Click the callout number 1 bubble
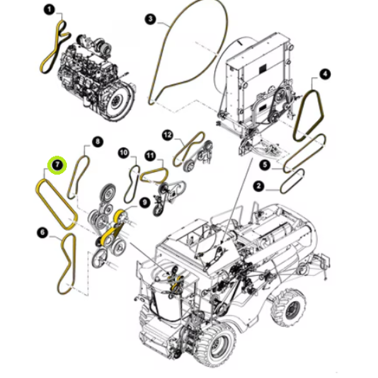click(x=49, y=10)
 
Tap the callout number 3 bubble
click(x=151, y=19)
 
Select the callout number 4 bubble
click(x=324, y=74)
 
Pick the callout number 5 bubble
click(x=265, y=165)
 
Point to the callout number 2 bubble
click(x=259, y=186)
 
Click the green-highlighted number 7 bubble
click(x=57, y=165)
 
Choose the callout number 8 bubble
click(x=97, y=141)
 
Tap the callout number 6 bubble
click(x=43, y=232)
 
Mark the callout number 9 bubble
click(x=144, y=202)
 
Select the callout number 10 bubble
click(x=123, y=153)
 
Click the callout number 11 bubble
click(x=150, y=156)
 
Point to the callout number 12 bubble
click(x=168, y=135)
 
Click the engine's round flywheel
click(x=120, y=98)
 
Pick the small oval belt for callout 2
click(x=292, y=181)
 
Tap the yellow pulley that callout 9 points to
click(x=119, y=216)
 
